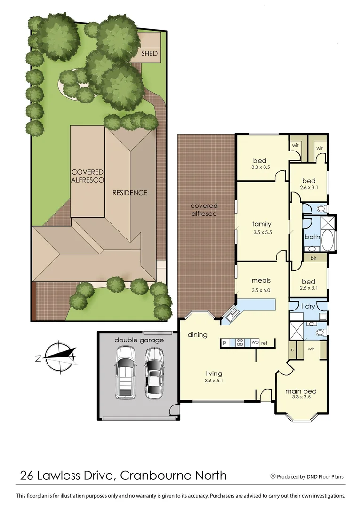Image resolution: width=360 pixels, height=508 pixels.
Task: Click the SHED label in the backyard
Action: point(150,54)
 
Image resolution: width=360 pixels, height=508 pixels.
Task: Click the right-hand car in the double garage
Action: point(154,373)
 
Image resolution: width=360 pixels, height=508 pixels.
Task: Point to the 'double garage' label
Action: point(139,340)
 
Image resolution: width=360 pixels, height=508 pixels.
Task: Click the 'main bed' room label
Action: point(301,391)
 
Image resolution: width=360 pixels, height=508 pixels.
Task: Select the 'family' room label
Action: point(262,224)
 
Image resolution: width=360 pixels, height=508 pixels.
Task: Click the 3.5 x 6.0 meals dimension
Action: point(261,290)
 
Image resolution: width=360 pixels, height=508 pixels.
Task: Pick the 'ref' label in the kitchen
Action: point(264,343)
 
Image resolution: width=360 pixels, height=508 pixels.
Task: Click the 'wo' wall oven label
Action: point(254,343)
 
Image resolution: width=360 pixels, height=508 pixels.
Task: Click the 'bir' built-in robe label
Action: point(312,258)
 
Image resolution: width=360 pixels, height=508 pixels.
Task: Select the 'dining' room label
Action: point(198,335)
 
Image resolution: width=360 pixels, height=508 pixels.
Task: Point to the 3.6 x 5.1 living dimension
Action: point(213,381)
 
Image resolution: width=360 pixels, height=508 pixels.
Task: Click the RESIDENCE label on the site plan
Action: point(129,193)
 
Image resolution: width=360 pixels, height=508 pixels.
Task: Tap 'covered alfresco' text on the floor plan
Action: point(204,210)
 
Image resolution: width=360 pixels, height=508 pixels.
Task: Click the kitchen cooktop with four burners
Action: point(239,343)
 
